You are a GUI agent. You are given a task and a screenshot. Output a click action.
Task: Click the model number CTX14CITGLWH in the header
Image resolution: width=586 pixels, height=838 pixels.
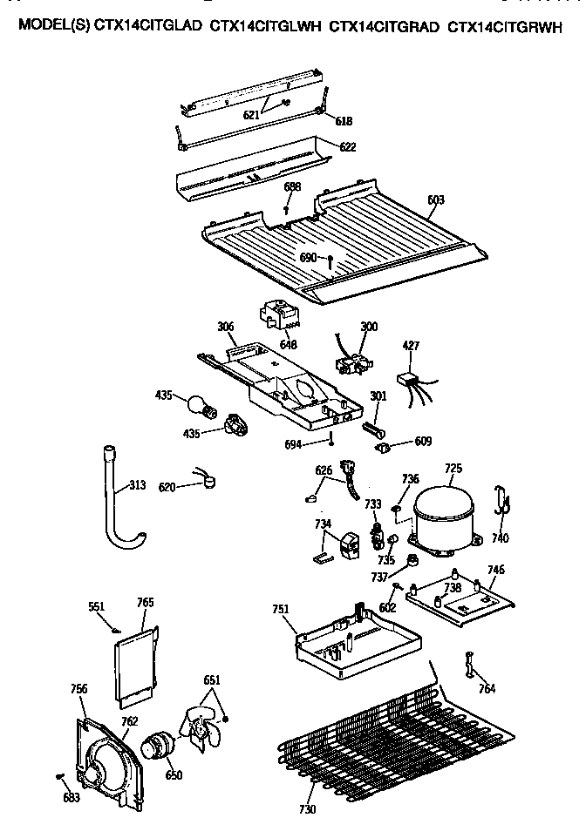click(x=266, y=27)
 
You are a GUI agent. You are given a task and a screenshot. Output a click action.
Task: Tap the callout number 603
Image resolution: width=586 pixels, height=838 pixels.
click(x=436, y=200)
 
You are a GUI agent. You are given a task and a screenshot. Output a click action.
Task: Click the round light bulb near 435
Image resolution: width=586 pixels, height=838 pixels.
click(x=200, y=405)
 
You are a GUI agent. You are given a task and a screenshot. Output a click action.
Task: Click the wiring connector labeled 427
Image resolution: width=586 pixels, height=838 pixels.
click(x=406, y=380)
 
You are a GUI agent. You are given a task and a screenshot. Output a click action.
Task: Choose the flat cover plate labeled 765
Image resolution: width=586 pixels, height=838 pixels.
click(x=137, y=662)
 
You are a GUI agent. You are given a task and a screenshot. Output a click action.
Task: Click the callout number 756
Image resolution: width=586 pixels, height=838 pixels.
click(x=78, y=689)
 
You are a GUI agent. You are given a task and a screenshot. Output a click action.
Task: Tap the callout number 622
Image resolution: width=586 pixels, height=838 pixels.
click(x=348, y=147)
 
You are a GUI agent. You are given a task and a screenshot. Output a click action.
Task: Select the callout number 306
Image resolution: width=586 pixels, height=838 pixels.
click(x=226, y=327)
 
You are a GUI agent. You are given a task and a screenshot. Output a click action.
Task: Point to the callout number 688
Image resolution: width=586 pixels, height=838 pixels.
click(x=292, y=187)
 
